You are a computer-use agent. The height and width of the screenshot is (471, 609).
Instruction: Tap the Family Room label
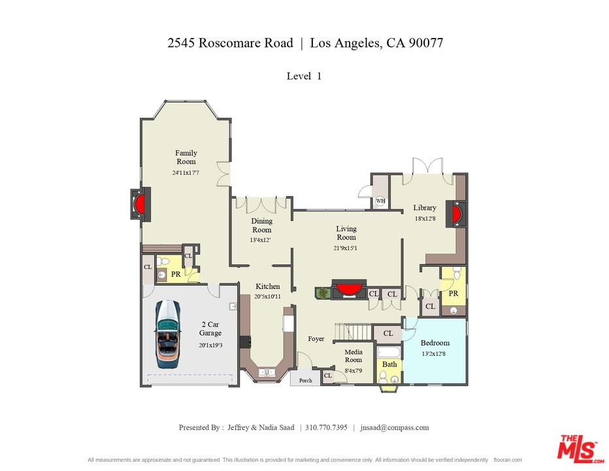pos(186,158)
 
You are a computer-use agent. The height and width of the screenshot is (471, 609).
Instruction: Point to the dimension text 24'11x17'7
pos(186,173)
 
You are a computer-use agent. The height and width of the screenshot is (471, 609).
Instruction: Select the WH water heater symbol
pos(380,201)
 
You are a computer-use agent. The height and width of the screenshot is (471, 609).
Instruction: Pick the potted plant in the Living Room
pos(322,293)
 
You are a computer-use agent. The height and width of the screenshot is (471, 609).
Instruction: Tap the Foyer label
pos(316,339)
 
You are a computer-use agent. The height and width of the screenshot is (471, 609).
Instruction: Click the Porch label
pos(305,380)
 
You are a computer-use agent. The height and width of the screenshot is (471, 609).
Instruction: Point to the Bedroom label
pos(435,343)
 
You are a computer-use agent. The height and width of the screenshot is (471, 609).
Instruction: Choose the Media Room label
pos(354,356)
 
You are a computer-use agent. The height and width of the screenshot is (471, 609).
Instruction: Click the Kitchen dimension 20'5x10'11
pos(267,296)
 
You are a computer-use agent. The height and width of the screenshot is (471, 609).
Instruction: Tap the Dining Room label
pos(261,226)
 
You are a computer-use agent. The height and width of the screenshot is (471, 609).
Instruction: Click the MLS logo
pos(578,449)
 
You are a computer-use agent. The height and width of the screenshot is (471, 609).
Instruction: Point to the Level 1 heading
pos(304,76)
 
